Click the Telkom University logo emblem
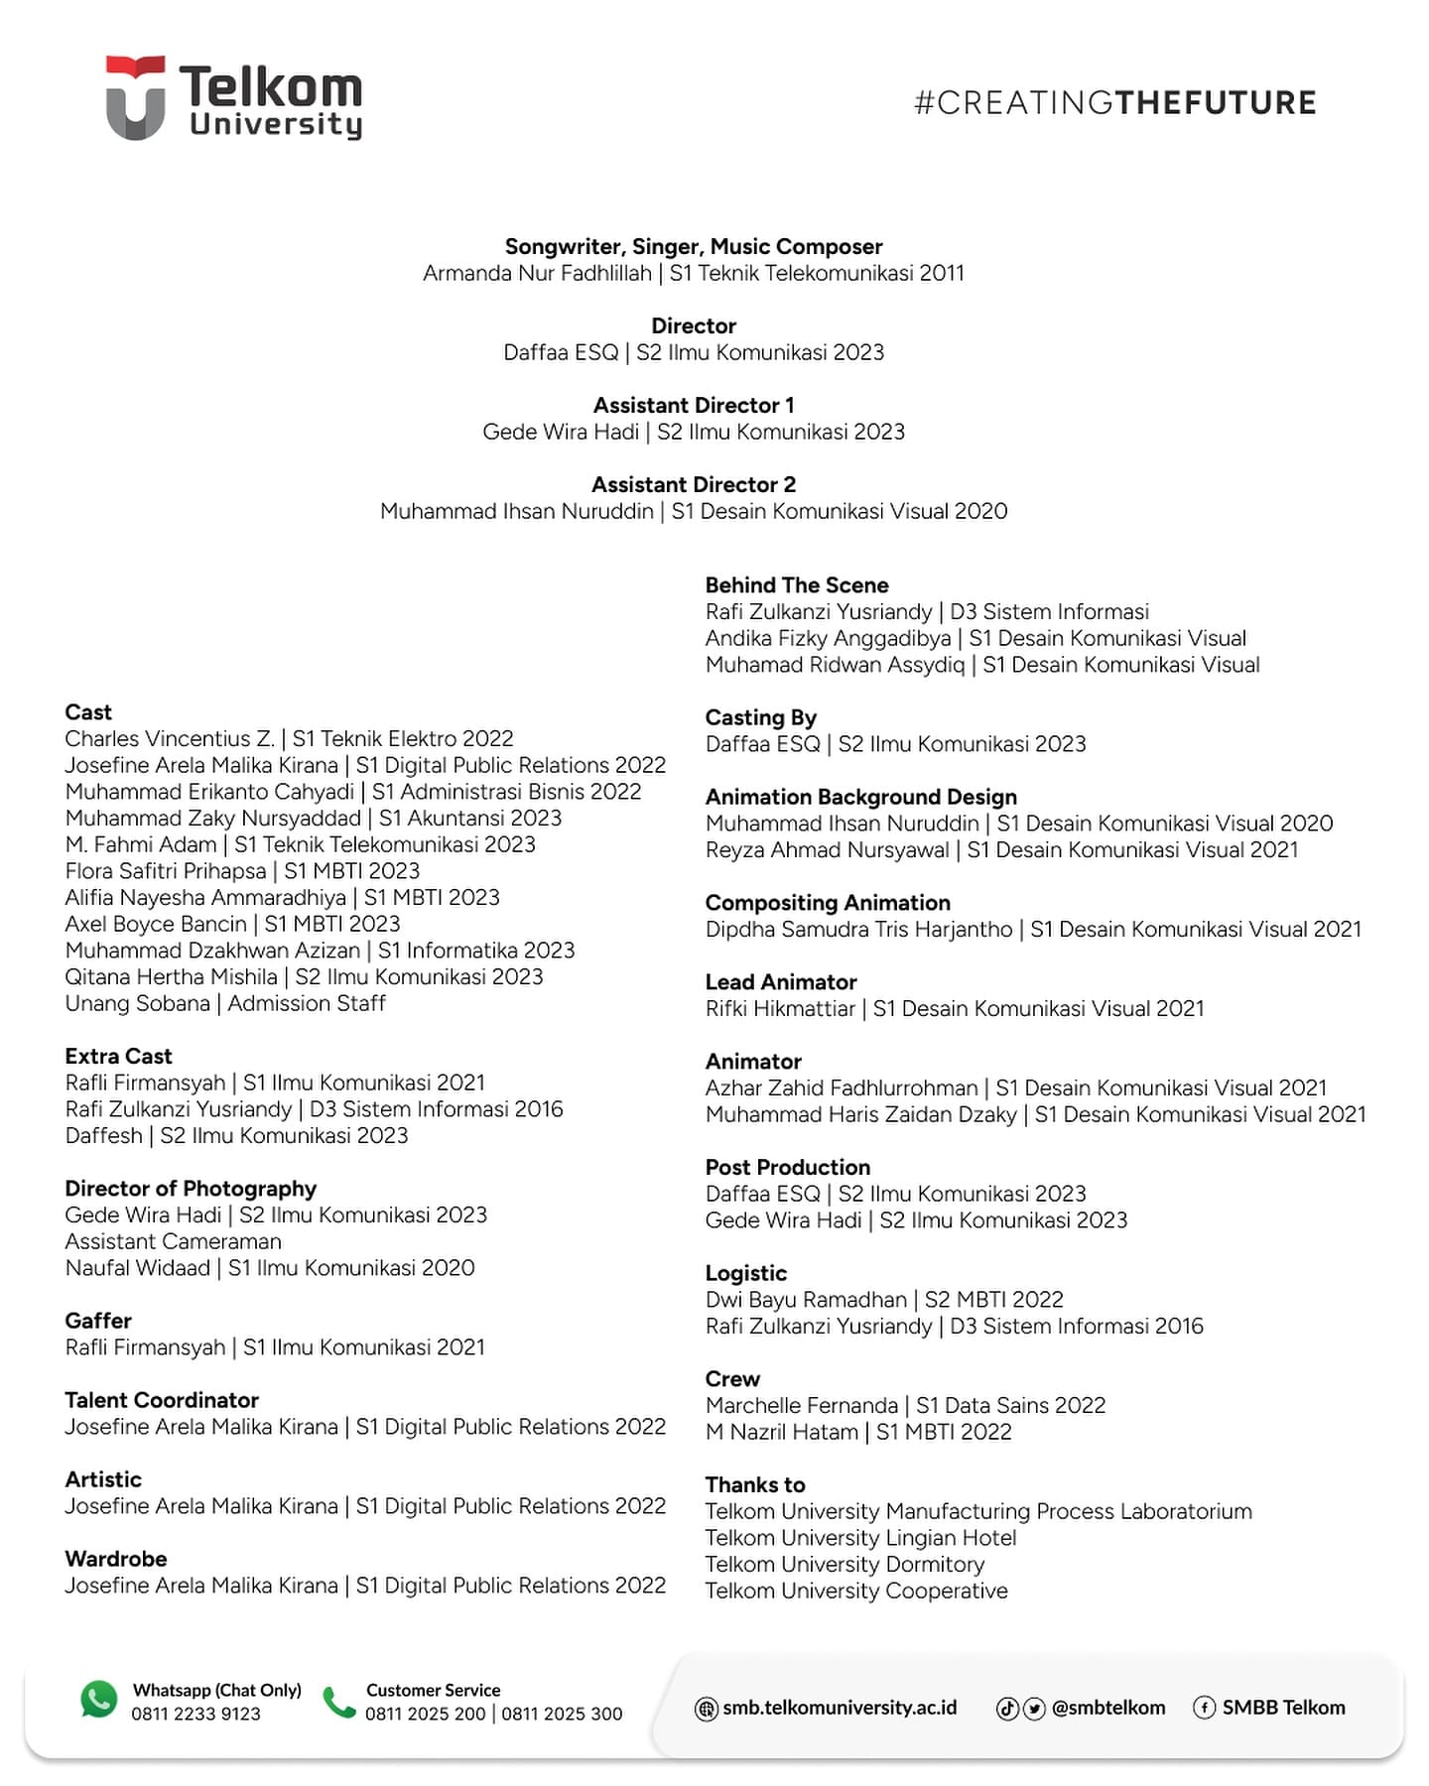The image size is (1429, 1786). [135, 97]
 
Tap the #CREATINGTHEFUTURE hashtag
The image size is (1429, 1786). [1114, 102]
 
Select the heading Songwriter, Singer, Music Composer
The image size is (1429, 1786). [694, 246]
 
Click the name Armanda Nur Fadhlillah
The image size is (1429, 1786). [537, 273]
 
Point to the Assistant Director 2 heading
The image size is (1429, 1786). [694, 484]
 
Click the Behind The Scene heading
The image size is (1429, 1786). [797, 584]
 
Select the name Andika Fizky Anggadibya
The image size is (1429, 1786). [828, 638]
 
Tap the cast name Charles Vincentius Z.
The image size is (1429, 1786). [170, 738]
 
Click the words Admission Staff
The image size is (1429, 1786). [307, 1003]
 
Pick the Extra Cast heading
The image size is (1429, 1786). [118, 1056]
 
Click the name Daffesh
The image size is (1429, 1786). [104, 1135]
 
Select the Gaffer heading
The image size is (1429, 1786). [98, 1321]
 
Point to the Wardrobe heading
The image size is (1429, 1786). [116, 1559]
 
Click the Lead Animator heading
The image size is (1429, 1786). [781, 981]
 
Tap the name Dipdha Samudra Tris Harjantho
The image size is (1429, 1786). [858, 929]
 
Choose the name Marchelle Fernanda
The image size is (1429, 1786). [801, 1405]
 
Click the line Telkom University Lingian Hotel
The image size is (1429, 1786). [860, 1538]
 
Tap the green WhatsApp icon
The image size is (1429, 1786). [98, 1700]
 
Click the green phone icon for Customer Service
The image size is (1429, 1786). [339, 1702]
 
